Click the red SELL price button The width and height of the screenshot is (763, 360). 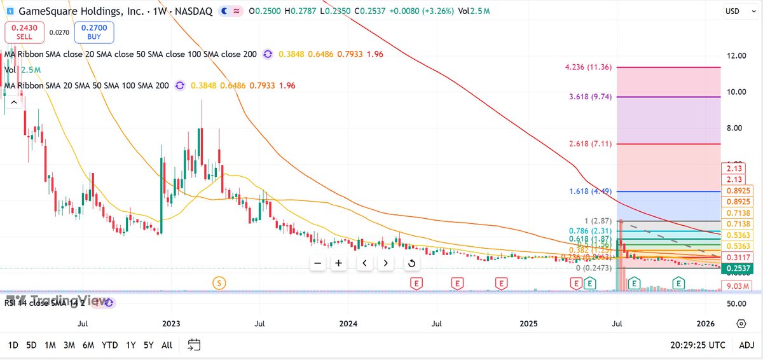tap(25, 32)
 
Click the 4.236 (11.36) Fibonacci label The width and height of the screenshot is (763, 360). tap(588, 67)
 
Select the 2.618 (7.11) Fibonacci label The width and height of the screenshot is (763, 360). tap(591, 144)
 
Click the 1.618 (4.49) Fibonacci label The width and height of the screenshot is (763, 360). tap(591, 191)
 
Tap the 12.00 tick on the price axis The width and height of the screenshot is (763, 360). tap(736, 56)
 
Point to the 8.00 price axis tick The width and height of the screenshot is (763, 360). tap(736, 128)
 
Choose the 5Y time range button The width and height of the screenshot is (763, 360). tap(148, 345)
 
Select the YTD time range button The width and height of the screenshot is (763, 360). tap(110, 345)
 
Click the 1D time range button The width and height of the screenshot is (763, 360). tap(13, 345)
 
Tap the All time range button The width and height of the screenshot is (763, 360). tap(167, 345)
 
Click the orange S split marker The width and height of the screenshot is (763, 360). tap(219, 282)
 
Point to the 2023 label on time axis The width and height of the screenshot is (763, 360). tap(172, 324)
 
